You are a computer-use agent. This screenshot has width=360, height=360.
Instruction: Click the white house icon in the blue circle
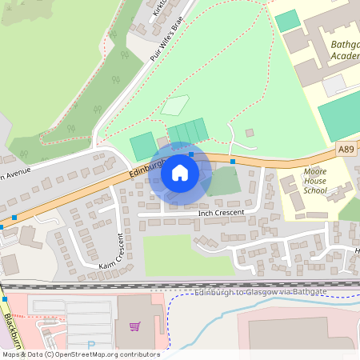(x=180, y=172)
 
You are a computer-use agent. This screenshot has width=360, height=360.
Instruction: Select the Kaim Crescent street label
(x=113, y=254)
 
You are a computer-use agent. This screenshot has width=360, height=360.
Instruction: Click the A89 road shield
(x=345, y=150)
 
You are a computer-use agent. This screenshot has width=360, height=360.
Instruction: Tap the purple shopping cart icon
(x=134, y=326)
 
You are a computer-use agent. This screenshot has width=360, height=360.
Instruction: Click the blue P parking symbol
(x=90, y=346)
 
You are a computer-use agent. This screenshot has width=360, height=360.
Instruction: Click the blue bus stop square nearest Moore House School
(x=233, y=162)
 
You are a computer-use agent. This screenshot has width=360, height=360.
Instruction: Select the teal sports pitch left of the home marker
(x=142, y=146)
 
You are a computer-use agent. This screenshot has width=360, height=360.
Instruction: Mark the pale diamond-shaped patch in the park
(x=175, y=105)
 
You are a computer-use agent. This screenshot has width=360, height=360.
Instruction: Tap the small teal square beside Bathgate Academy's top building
(x=286, y=21)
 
